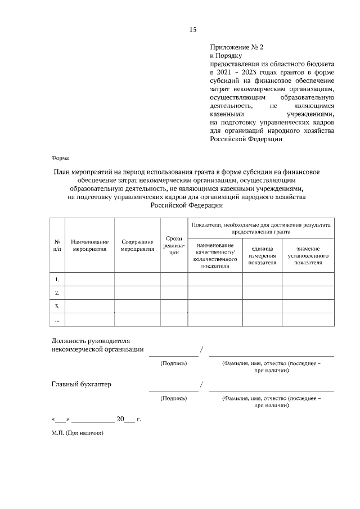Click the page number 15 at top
pos(192,30)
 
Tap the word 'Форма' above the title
pos(60,159)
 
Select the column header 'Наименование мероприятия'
pos(90,245)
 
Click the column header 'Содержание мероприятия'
pos(137,245)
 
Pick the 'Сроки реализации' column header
pos(174,245)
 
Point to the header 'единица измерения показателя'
pos(262,255)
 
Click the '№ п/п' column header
pos(57,245)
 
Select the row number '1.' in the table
pos(57,279)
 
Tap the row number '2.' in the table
pos(57,292)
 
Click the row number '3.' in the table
pos(57,306)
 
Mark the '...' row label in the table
pos(57,319)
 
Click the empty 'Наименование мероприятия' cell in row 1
pos(90,279)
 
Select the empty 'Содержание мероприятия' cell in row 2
pos(137,292)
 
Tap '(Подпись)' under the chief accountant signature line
pos(174,398)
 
